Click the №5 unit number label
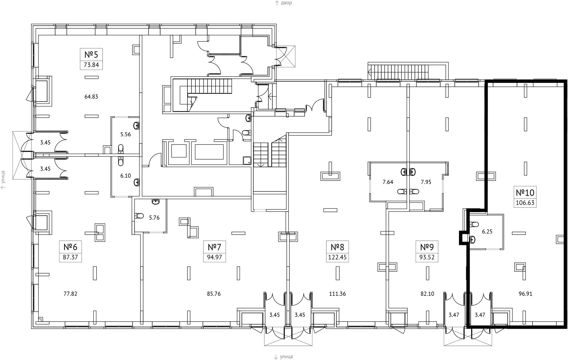(91, 54)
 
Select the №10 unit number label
(525, 193)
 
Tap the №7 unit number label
(214, 247)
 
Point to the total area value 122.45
(337, 258)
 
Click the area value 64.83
(91, 97)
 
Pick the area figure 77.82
(70, 294)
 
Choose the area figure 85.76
(214, 294)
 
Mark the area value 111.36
(337, 294)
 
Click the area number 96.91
(525, 294)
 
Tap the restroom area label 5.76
(154, 218)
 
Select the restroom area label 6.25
(487, 232)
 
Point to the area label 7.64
(388, 182)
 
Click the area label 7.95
(426, 182)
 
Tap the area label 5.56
(126, 134)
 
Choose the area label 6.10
(126, 176)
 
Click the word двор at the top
(286, 3)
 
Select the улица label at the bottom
(286, 357)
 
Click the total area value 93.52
(427, 258)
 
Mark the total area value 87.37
(70, 258)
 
